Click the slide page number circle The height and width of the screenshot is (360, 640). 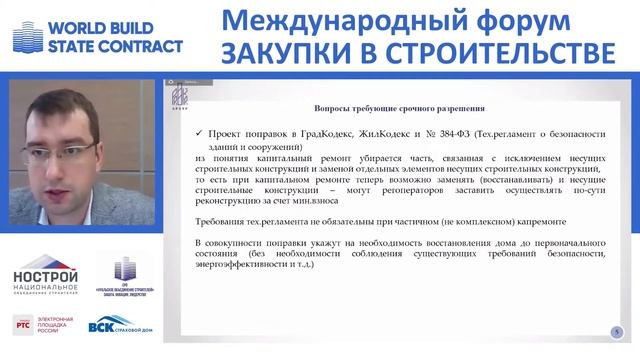[x=617, y=331]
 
